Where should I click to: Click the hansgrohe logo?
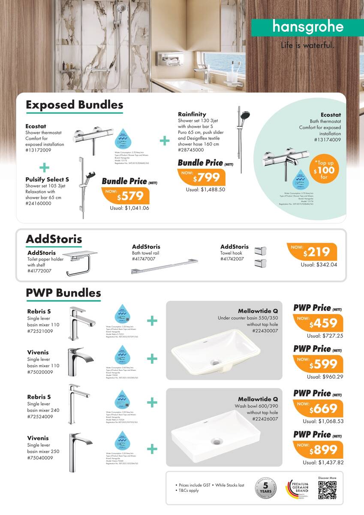point(308,27)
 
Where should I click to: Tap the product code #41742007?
point(232,259)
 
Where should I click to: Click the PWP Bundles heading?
point(63,293)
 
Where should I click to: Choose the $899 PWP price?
point(319,450)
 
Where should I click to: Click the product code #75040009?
point(40,458)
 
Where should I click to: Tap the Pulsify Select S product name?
point(47,179)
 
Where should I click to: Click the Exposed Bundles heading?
point(75,105)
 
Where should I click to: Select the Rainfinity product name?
point(192,114)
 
